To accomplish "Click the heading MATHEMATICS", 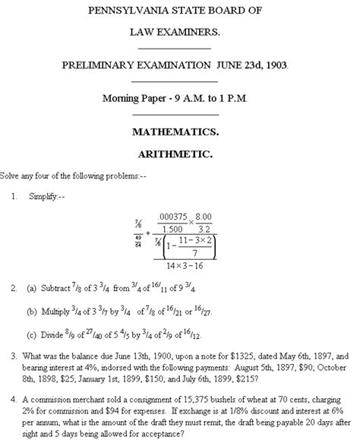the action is (181, 131).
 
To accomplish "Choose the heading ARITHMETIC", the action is (180, 154).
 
